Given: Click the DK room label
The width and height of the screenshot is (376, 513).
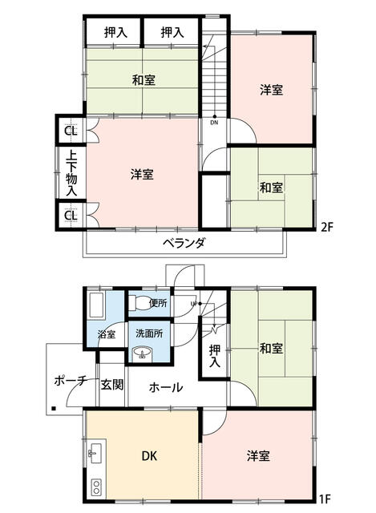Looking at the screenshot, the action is click(x=149, y=456).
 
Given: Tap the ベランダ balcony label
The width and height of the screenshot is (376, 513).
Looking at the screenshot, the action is click(x=184, y=243).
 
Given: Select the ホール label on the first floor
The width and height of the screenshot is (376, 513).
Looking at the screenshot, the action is click(x=166, y=387).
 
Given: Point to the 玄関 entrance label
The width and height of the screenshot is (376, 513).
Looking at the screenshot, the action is click(x=112, y=385).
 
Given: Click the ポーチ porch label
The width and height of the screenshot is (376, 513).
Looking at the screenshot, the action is click(x=71, y=381).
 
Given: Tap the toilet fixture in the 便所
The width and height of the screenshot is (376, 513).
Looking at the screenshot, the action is click(x=138, y=303).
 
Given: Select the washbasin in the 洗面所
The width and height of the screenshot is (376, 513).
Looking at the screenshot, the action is click(x=142, y=353).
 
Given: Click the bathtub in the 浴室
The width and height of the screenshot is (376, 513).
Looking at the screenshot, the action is click(x=96, y=305).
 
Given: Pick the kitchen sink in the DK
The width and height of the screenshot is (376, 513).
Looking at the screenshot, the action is click(x=96, y=453).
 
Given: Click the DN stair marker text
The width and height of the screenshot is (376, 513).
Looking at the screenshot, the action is click(x=214, y=123).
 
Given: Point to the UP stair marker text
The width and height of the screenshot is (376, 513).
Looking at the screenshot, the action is click(x=194, y=304).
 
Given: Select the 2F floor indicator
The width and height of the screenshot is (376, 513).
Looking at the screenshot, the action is click(x=326, y=227).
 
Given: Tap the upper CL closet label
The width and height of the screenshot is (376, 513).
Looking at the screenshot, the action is click(x=71, y=131).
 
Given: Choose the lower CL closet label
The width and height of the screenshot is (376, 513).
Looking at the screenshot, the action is click(x=71, y=216).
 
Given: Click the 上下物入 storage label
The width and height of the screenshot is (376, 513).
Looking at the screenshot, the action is click(x=71, y=173).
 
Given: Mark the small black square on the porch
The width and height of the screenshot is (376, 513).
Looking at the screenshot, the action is click(x=54, y=408).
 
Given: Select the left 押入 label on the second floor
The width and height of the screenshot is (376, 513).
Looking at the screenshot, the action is click(x=115, y=32).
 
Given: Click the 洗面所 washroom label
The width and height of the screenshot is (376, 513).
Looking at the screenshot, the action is click(x=149, y=333).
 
